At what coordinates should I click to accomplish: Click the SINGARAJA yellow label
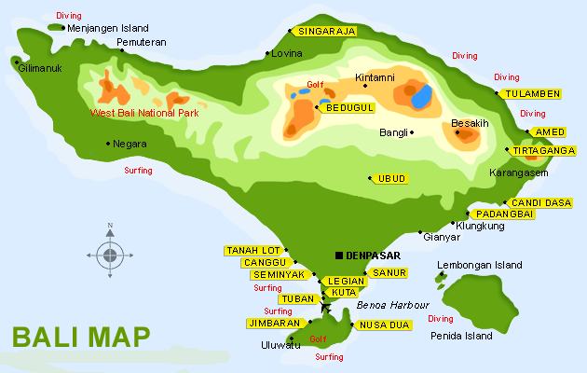pos(326,31)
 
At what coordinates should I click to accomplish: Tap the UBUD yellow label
pos(391,178)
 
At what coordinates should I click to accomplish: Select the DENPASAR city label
pos(373,256)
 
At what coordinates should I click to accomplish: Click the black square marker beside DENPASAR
pos(338,256)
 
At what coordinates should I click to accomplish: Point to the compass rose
pos(110,254)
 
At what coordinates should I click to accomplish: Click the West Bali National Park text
pos(143,113)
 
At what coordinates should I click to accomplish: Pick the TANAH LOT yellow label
pos(252,250)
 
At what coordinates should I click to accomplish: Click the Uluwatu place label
pos(280,345)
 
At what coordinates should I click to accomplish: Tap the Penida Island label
pos(461,336)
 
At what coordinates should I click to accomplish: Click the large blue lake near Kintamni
pos(421,96)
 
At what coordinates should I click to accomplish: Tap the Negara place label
pos(130,144)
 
